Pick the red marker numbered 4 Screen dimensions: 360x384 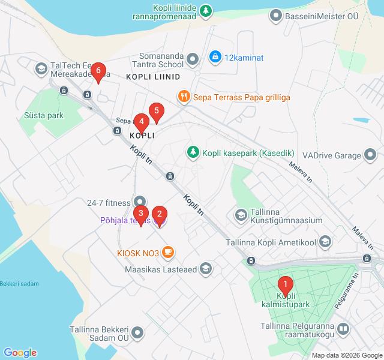[142, 122]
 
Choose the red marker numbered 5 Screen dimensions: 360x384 [157, 112]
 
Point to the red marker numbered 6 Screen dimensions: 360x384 [98, 71]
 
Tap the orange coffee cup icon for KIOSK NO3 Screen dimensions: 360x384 [167, 253]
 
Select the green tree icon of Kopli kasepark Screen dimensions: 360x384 [193, 152]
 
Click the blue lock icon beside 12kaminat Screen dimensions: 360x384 [214, 57]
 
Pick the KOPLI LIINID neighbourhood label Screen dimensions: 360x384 [153, 77]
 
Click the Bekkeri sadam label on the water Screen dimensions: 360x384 [19, 283]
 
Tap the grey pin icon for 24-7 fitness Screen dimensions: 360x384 [140, 201]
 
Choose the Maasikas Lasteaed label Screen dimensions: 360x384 [161, 270]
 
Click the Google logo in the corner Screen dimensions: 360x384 [20, 353]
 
